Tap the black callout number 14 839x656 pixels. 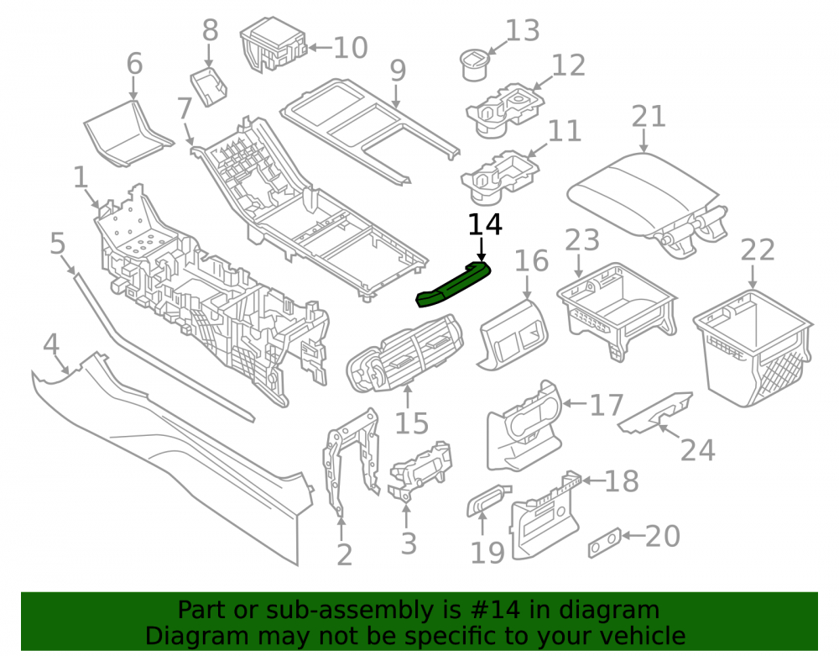click(485, 225)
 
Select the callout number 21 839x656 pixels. click(649, 117)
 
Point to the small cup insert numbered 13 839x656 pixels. click(475, 65)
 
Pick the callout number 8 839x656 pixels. click(210, 30)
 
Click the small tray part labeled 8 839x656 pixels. click(209, 85)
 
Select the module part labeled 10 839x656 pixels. click(274, 45)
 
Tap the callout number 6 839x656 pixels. click(134, 64)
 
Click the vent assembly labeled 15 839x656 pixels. click(405, 354)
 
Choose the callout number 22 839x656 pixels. click(757, 250)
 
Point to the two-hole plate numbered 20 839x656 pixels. click(605, 543)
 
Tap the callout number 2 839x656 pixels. click(345, 555)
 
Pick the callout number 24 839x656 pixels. click(698, 450)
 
